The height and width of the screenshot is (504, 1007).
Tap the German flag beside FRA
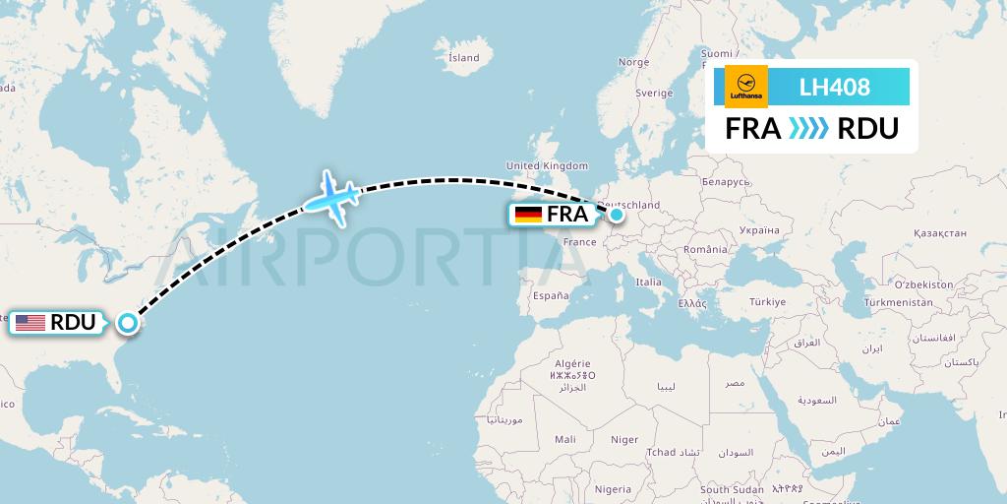click(529, 215)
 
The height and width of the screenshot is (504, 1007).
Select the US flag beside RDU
click(30, 323)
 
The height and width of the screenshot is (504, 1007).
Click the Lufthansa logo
click(746, 87)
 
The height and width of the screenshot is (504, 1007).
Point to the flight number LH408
click(834, 87)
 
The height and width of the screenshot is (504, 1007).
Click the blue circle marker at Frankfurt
click(616, 214)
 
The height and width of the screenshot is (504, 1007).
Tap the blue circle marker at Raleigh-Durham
click(127, 322)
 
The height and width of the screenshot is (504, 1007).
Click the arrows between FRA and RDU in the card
click(809, 129)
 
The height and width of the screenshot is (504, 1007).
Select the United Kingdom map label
click(547, 165)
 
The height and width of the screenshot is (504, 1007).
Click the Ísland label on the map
click(463, 57)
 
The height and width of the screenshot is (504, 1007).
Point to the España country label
click(551, 295)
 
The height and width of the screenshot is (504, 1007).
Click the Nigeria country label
click(613, 488)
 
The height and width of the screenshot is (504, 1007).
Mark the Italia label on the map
click(648, 282)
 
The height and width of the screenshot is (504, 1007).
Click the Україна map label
click(758, 229)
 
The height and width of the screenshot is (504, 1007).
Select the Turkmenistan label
click(898, 302)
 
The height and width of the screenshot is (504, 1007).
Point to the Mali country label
click(565, 439)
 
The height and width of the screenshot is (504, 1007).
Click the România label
click(706, 251)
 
